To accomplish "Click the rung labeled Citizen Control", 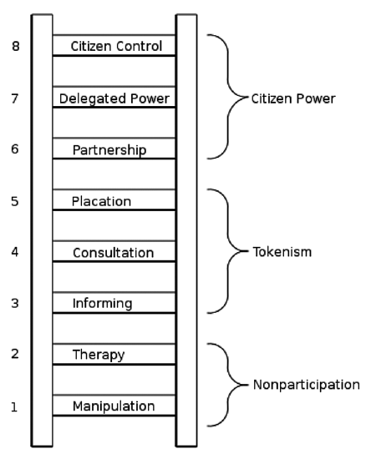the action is [x=116, y=47].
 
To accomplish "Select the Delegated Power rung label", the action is [x=114, y=99].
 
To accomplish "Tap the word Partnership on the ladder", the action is [x=109, y=150].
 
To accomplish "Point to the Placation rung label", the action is [x=101, y=201].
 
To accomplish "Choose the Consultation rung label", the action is [x=113, y=253].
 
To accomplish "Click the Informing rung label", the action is [x=102, y=304].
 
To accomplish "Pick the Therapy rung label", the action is [x=99, y=355].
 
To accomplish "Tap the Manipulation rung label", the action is [x=114, y=406].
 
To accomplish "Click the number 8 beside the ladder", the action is [x=16, y=46].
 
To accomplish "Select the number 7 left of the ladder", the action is [x=15, y=98].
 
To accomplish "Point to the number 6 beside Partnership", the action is [x=15, y=149].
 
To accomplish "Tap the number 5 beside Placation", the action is [x=15, y=201].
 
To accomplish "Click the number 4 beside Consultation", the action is [x=15, y=252].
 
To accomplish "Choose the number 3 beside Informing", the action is [x=15, y=304].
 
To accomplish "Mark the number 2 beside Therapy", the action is [x=15, y=354].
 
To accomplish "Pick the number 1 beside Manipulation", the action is [x=14, y=407].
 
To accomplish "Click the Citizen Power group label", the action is [x=293, y=99].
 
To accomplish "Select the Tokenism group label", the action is [x=282, y=252].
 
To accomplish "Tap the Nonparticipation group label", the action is [x=307, y=385].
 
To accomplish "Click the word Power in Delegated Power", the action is [x=150, y=98].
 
